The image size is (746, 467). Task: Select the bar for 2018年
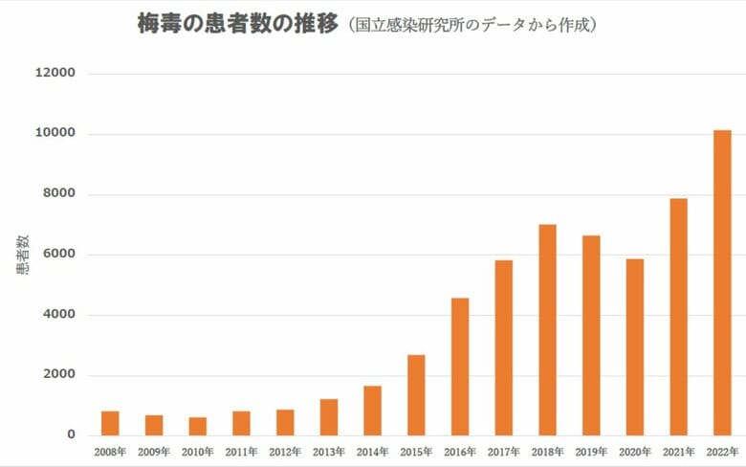pyautogui.click(x=547, y=329)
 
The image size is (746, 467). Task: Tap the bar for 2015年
pyautogui.click(x=416, y=394)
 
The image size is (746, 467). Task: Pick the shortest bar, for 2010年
pyautogui.click(x=197, y=426)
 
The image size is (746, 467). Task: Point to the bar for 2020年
pyautogui.click(x=635, y=346)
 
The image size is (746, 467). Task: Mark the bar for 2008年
pyautogui.click(x=110, y=423)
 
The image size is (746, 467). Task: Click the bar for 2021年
pyautogui.click(x=678, y=316)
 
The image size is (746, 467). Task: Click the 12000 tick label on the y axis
pyautogui.click(x=55, y=74)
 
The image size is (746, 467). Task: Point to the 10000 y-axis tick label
pyautogui.click(x=55, y=134)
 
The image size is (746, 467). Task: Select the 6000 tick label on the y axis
pyautogui.click(x=58, y=255)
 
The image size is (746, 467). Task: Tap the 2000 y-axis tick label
pyautogui.click(x=58, y=375)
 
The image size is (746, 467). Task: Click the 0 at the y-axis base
pyautogui.click(x=71, y=435)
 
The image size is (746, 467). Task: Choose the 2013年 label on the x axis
pyautogui.click(x=328, y=451)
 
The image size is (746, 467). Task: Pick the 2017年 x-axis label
pyautogui.click(x=503, y=451)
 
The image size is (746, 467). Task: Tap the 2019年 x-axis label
pyautogui.click(x=591, y=451)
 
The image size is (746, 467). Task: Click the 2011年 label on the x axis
pyautogui.click(x=241, y=451)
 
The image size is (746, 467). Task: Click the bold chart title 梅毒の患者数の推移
pyautogui.click(x=238, y=25)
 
